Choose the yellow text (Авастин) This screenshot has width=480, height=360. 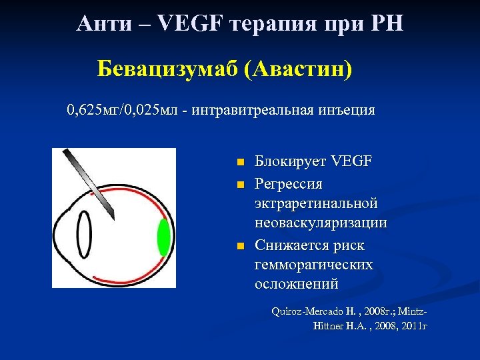click(297, 67)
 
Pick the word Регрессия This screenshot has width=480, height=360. click(289, 182)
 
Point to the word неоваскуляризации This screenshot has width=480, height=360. click(321, 223)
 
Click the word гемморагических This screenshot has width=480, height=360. click(313, 265)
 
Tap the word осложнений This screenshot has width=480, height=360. click(297, 285)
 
